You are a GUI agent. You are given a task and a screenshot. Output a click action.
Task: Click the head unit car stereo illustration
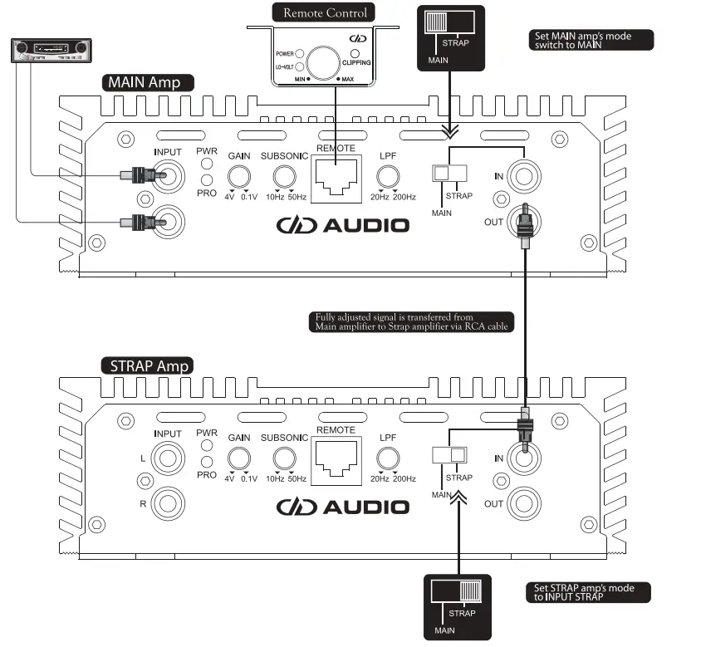[49, 51]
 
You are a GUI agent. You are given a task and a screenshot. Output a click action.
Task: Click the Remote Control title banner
[325, 12]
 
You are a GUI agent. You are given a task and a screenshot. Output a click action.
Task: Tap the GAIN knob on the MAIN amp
[240, 176]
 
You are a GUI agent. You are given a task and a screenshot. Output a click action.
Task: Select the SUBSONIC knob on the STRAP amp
[286, 458]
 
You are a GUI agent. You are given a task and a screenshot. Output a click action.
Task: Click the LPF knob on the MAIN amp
[385, 176]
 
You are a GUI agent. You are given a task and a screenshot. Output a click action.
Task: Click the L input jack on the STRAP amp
[168, 457]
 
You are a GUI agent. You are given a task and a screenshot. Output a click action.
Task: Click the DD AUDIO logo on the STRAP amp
[342, 507]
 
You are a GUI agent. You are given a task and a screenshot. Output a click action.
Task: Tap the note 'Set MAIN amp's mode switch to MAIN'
[591, 41]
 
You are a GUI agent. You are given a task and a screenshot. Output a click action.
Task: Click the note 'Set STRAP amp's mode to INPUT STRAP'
[589, 592]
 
